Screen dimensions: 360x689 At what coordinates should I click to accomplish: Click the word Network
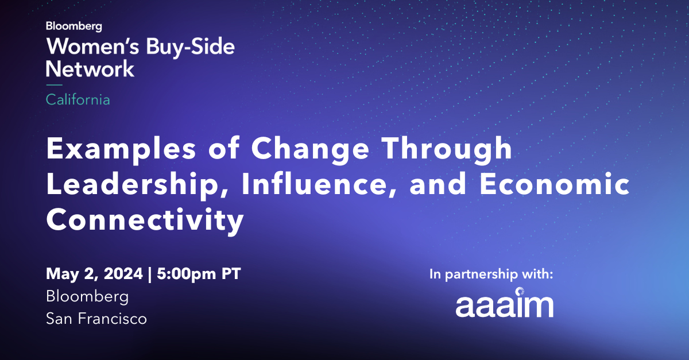pyautogui.click(x=90, y=69)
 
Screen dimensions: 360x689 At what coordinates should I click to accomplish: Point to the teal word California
pyautogui.click(x=78, y=99)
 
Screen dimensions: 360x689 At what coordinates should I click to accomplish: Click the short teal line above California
pyautogui.click(x=54, y=85)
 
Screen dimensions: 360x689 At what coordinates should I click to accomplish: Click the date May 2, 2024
pyautogui.click(x=94, y=274)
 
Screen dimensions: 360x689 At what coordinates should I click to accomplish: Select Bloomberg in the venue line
pyautogui.click(x=87, y=296)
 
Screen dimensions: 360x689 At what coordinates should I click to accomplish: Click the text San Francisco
pyautogui.click(x=96, y=318)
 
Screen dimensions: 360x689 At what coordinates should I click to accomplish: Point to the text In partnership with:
pyautogui.click(x=491, y=274)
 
